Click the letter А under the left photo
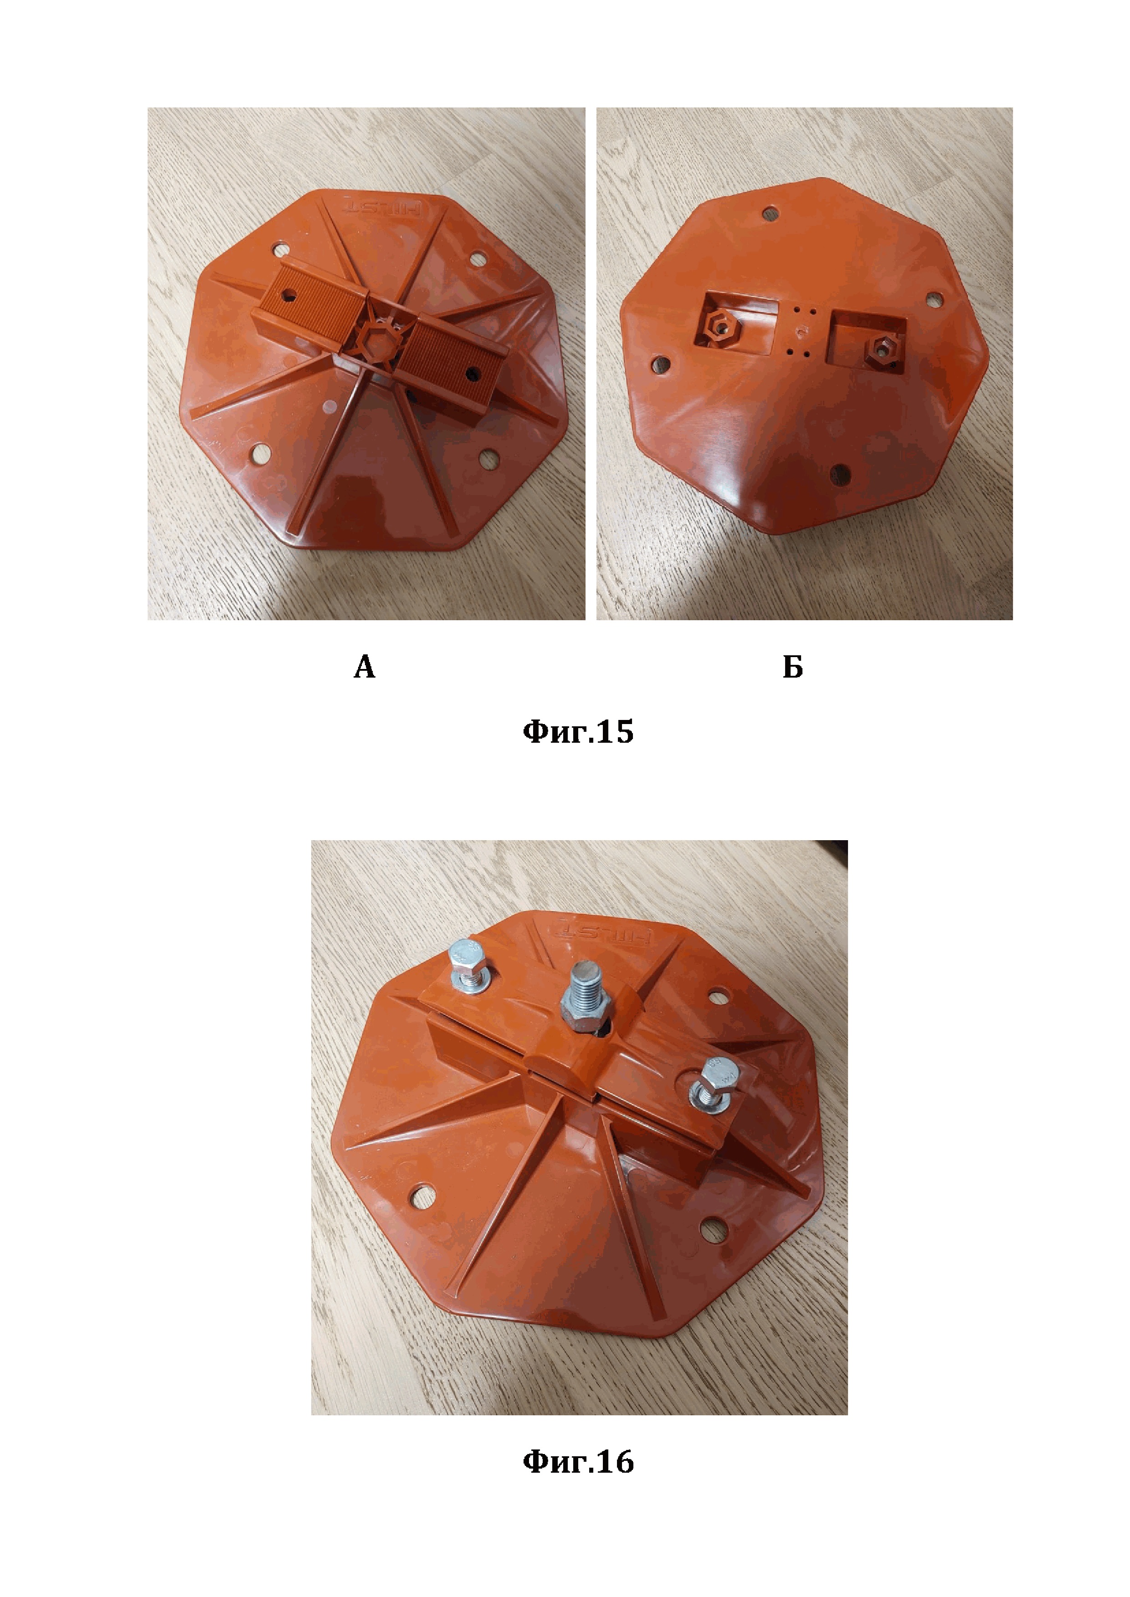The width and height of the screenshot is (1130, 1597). click(x=365, y=667)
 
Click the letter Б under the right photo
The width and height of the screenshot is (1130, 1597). click(x=792, y=667)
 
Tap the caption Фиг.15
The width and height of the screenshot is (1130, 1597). click(x=578, y=732)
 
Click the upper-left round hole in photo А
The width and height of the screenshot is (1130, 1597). click(x=280, y=248)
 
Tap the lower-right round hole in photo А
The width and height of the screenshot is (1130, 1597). click(x=489, y=460)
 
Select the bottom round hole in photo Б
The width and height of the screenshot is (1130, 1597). click(x=841, y=475)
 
